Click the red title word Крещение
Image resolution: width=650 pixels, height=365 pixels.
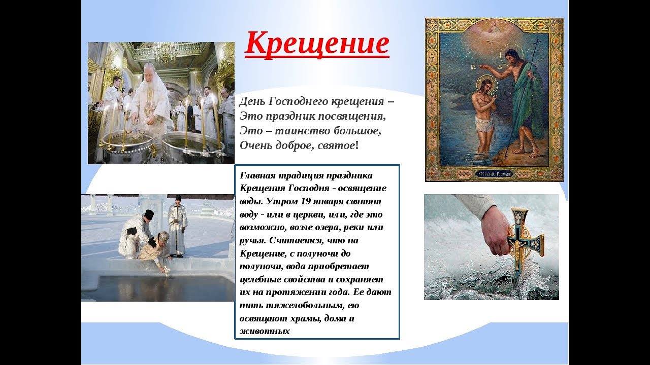[317, 44]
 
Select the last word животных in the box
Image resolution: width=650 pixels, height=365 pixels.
[265, 331]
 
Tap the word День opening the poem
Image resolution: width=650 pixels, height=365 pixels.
[251, 101]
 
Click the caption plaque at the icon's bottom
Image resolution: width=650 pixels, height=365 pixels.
[495, 174]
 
